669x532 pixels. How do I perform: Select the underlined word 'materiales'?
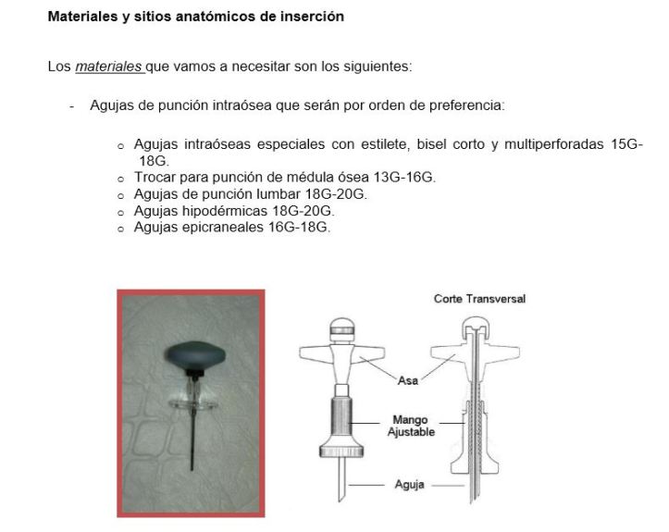coord(108,67)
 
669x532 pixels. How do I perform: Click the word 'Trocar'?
coord(155,178)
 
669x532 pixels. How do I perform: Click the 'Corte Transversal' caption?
coord(479,299)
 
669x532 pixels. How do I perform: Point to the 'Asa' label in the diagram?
coord(407,379)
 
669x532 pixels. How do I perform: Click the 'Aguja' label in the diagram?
coord(408,485)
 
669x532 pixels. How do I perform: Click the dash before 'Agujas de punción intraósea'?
coord(71,105)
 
